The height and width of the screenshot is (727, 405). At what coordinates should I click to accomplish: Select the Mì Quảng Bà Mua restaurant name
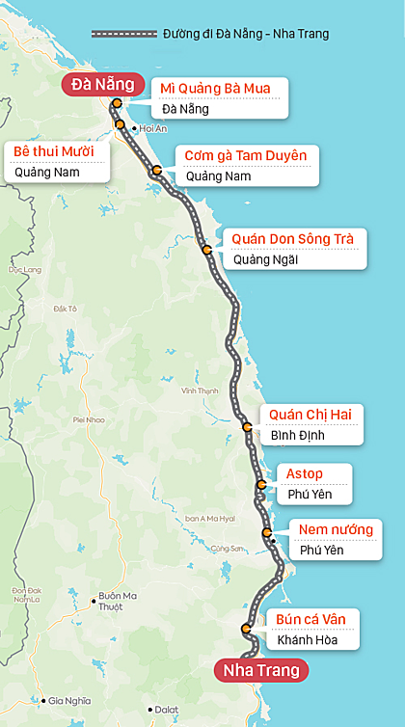point(216,89)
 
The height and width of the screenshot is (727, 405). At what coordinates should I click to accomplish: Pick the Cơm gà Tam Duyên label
point(246,156)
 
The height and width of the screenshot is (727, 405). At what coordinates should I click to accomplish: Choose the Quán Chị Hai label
point(310,415)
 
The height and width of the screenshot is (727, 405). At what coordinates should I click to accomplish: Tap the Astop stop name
point(305,473)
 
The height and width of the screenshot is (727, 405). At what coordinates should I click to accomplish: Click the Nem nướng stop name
point(335,528)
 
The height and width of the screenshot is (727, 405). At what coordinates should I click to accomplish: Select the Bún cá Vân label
point(305,618)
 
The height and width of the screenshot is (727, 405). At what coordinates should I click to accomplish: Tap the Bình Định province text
point(298,435)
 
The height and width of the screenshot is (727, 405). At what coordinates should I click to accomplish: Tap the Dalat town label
point(168,711)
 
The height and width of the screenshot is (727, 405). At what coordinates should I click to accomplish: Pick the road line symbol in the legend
point(123,34)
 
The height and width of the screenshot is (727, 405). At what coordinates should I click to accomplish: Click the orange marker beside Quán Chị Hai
point(247,425)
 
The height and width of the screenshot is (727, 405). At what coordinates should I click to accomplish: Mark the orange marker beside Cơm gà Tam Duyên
point(156,171)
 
